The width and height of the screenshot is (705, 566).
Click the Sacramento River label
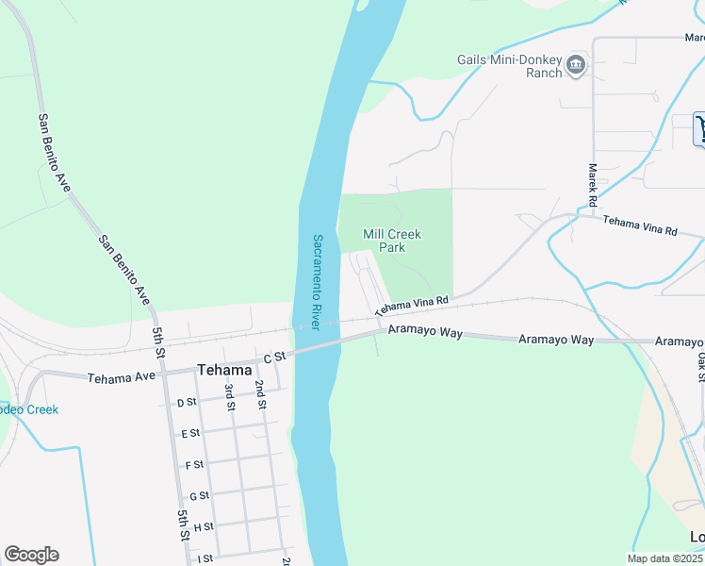point(319,281)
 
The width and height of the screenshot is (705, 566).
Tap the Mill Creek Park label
point(392,241)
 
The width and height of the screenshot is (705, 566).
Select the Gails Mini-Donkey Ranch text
point(510,65)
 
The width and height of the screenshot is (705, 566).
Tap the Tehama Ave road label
point(122,377)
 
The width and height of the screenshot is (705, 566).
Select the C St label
point(273,358)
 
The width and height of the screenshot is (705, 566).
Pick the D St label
point(187,403)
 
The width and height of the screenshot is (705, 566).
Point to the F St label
point(195,465)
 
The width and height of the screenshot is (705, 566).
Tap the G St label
point(199,496)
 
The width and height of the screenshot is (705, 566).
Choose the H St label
point(204,526)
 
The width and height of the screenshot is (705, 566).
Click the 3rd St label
point(229,397)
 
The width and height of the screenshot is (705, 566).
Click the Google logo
point(31,555)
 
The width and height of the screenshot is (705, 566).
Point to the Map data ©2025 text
point(664,558)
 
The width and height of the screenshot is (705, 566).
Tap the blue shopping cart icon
point(700,129)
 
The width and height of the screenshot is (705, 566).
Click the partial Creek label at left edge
point(28,409)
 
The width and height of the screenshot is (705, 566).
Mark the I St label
point(205,558)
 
